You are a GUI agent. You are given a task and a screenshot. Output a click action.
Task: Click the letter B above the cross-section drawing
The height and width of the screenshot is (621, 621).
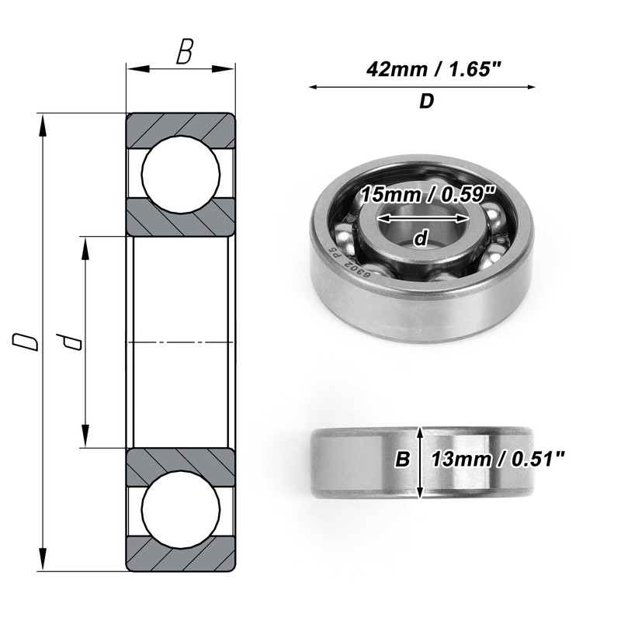185,51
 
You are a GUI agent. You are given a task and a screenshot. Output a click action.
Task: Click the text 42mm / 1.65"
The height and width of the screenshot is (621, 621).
434,70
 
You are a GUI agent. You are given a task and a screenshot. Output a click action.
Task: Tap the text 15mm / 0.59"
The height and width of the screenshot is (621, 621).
428,195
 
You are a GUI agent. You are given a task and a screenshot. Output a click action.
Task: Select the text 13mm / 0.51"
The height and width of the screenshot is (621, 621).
497,460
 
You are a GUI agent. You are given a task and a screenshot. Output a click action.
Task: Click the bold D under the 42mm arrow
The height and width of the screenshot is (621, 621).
426,102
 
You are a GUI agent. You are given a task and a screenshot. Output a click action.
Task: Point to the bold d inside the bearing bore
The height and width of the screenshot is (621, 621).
421,238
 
